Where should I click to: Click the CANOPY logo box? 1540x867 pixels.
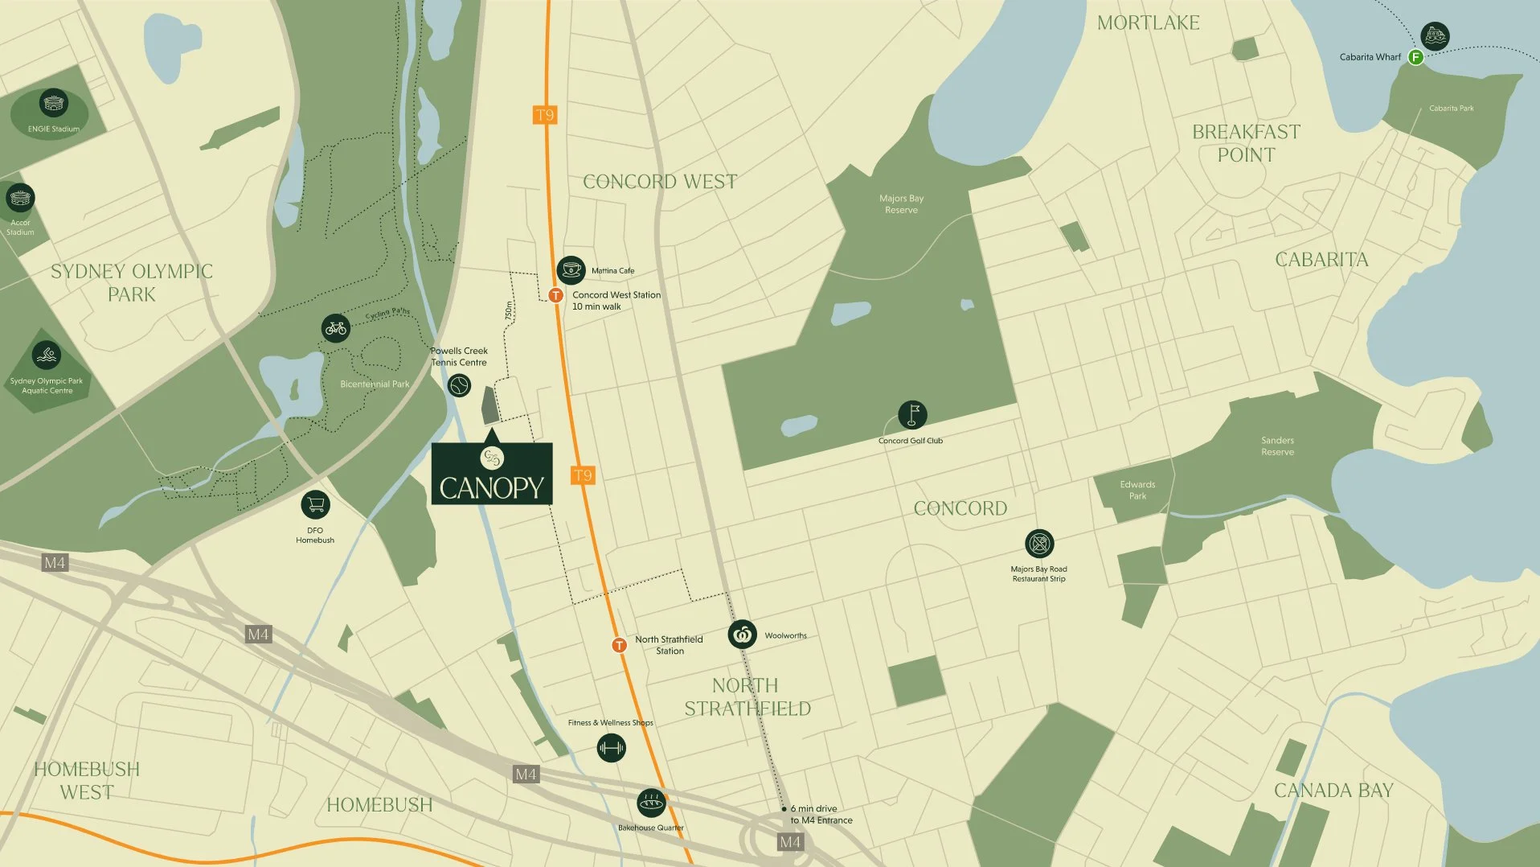(x=492, y=474)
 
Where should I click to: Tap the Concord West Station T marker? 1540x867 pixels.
(x=555, y=295)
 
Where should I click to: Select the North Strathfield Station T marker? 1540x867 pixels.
(x=619, y=645)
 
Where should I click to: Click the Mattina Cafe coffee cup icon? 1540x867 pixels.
(x=571, y=270)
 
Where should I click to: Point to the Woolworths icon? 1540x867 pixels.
(x=743, y=635)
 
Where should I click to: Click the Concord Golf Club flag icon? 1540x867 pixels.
(x=912, y=415)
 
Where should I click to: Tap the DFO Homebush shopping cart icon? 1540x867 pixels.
(x=315, y=505)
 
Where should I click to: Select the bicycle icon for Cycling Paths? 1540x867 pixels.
(x=336, y=328)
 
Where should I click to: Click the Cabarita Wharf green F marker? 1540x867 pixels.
(x=1416, y=57)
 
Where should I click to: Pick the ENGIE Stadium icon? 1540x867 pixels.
(x=53, y=104)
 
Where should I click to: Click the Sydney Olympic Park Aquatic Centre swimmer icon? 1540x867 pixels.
(x=47, y=355)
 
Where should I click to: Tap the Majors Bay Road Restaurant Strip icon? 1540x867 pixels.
(x=1039, y=544)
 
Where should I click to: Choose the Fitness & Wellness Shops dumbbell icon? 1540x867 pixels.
(x=611, y=748)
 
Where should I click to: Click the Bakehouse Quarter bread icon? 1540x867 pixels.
(x=651, y=803)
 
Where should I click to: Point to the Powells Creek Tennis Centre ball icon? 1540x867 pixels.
(x=459, y=386)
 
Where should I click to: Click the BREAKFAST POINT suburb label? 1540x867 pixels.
(x=1246, y=143)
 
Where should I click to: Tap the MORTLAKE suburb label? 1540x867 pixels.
(x=1148, y=23)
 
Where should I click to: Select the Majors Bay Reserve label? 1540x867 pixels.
(x=901, y=204)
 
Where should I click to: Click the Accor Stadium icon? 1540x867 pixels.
(x=20, y=198)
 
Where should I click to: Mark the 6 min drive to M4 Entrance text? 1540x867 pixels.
(x=821, y=815)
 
